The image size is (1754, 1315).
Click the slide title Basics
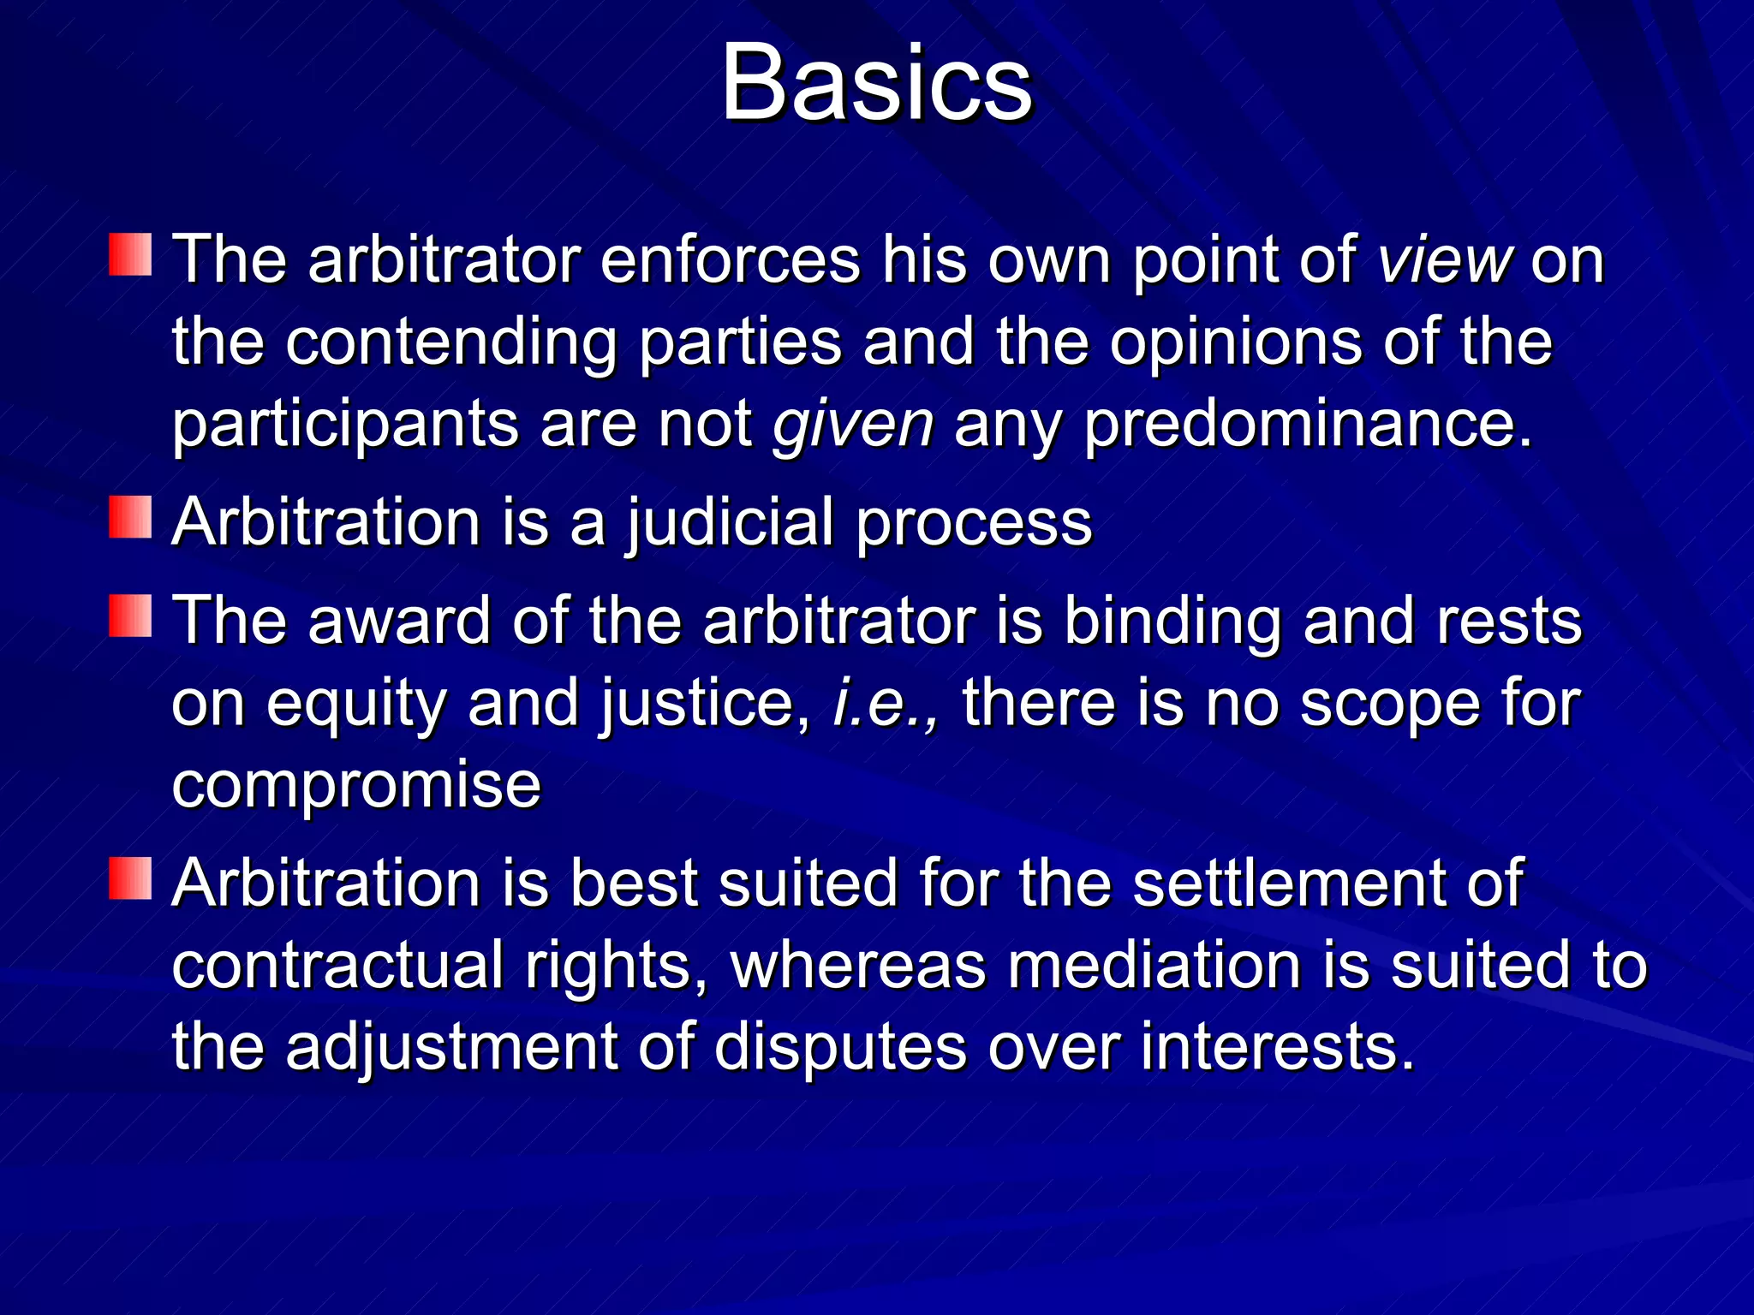coord(877,84)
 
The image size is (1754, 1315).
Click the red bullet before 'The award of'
coord(130,616)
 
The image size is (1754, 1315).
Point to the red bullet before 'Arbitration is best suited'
coord(130,878)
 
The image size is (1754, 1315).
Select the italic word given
coord(853,425)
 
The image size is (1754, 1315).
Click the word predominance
coord(1307,425)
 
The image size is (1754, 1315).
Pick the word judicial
coord(730,524)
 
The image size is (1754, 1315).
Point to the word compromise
coord(356,786)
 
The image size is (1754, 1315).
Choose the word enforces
coord(730,260)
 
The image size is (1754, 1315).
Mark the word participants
coord(345,426)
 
